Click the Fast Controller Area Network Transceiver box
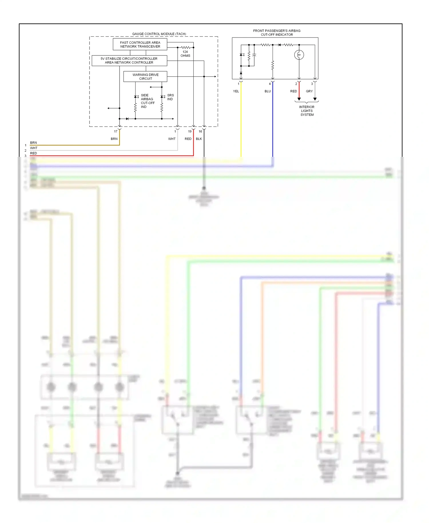coord(140,44)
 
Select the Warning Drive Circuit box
coord(145,77)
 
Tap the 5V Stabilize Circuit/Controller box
coord(129,60)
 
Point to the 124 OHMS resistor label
coord(185,54)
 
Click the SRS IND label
coord(170,97)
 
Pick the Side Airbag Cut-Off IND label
coord(147,101)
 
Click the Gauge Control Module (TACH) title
coord(159,34)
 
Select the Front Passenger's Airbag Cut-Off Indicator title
coord(277,33)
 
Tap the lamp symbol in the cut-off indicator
coord(299,55)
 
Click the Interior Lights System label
coord(307,111)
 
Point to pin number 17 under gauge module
coord(116,132)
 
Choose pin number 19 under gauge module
coord(190,132)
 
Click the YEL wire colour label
coord(236,91)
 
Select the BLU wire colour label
coord(267,91)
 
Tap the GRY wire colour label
coord(309,91)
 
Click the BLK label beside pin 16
coord(199,139)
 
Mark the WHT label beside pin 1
coord(172,139)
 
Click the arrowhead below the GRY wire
coord(315,99)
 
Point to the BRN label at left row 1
coord(33,142)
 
